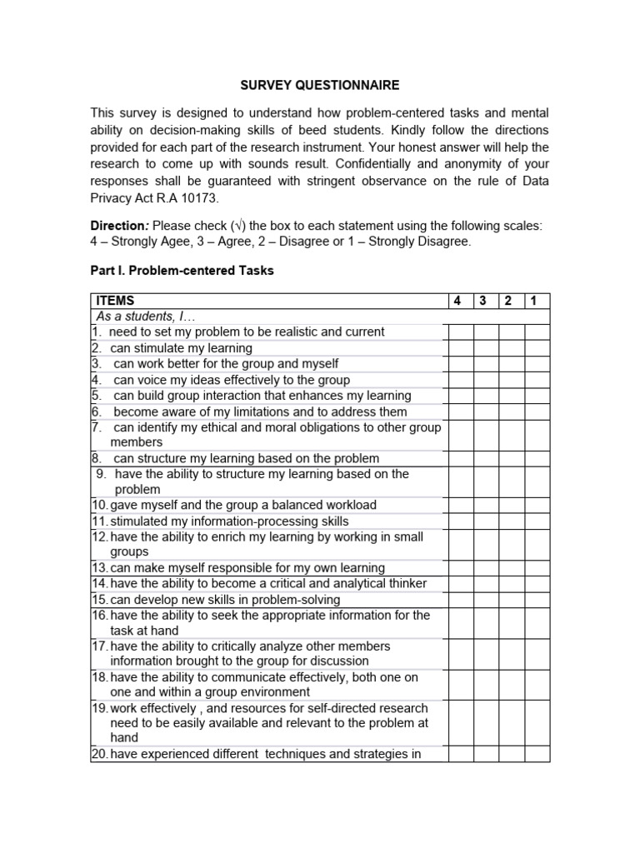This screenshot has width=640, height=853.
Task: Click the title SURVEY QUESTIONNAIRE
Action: coord(319,85)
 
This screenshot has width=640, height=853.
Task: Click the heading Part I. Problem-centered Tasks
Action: coord(182,271)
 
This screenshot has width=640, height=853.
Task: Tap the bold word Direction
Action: coord(120,226)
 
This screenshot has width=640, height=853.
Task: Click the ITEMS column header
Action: coord(115,301)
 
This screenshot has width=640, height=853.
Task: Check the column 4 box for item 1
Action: coord(461,332)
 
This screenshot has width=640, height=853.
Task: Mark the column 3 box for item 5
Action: coord(487,396)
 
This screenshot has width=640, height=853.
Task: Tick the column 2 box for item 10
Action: coord(511,506)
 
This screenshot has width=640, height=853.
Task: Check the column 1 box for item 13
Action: coord(537,568)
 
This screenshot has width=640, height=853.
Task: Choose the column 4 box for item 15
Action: coord(461,600)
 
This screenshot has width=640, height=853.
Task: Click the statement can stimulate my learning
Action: coord(181,348)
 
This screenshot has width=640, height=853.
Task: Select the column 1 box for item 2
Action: coord(537,348)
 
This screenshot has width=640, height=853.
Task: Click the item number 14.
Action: coord(100,584)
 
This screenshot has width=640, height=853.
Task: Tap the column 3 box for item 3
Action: coord(487,364)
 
